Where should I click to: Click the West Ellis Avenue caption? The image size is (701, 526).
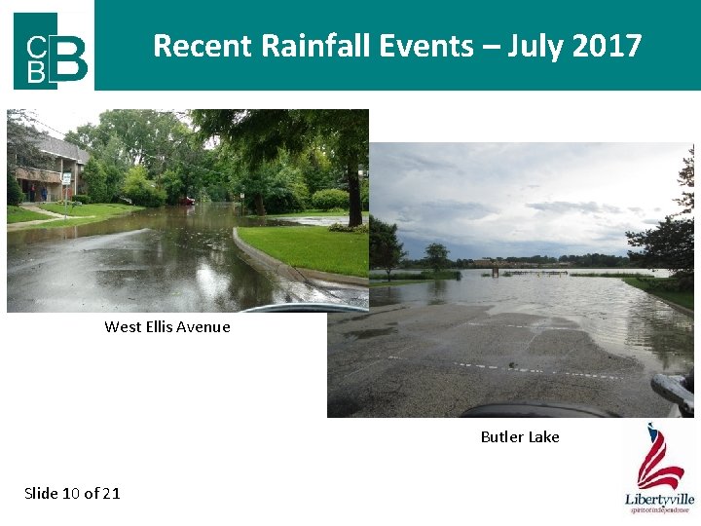point(167,327)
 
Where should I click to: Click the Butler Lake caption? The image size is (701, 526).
point(520,437)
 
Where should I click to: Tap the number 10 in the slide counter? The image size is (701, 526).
point(71,493)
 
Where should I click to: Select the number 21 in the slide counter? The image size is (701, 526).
point(111,493)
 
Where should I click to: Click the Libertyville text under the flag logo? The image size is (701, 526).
point(659,500)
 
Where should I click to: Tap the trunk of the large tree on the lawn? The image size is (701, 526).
point(354,195)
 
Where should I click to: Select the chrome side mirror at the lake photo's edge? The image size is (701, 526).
point(674,391)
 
